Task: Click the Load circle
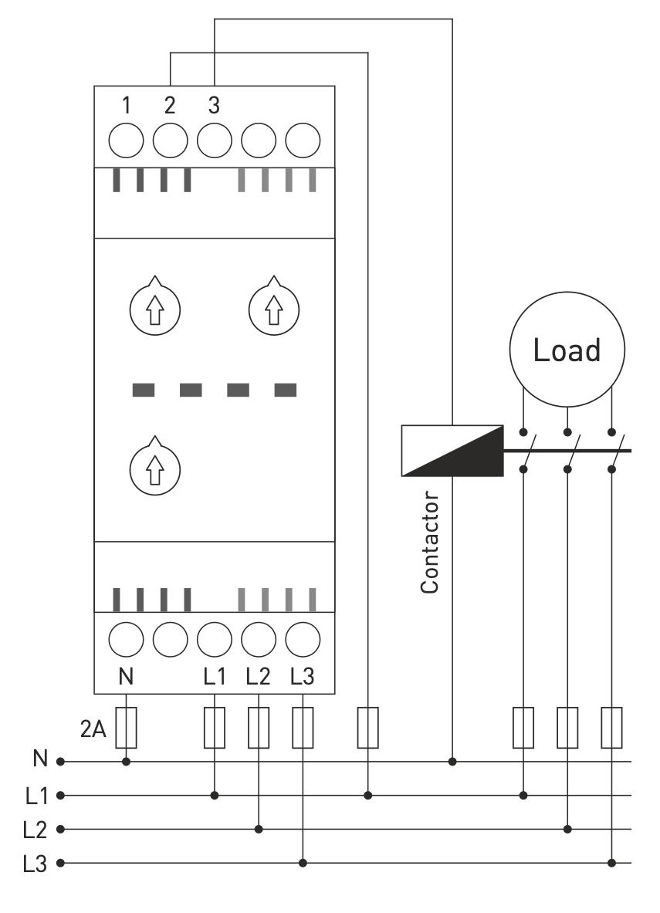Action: (x=567, y=350)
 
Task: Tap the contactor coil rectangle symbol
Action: (x=452, y=449)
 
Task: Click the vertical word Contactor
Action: (x=431, y=545)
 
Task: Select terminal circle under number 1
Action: (x=126, y=140)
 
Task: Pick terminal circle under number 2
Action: (x=170, y=140)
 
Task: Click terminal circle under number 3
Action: (x=215, y=140)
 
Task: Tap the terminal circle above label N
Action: (x=126, y=639)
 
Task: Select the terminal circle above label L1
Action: (x=215, y=639)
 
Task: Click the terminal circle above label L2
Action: (x=259, y=639)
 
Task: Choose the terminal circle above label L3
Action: (x=303, y=639)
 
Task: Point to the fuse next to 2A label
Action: (x=126, y=728)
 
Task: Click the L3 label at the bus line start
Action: (x=36, y=863)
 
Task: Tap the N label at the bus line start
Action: (x=40, y=761)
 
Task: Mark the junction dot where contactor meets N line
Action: (x=452, y=762)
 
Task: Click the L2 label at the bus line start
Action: (x=36, y=830)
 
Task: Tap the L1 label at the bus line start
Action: (x=36, y=796)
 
